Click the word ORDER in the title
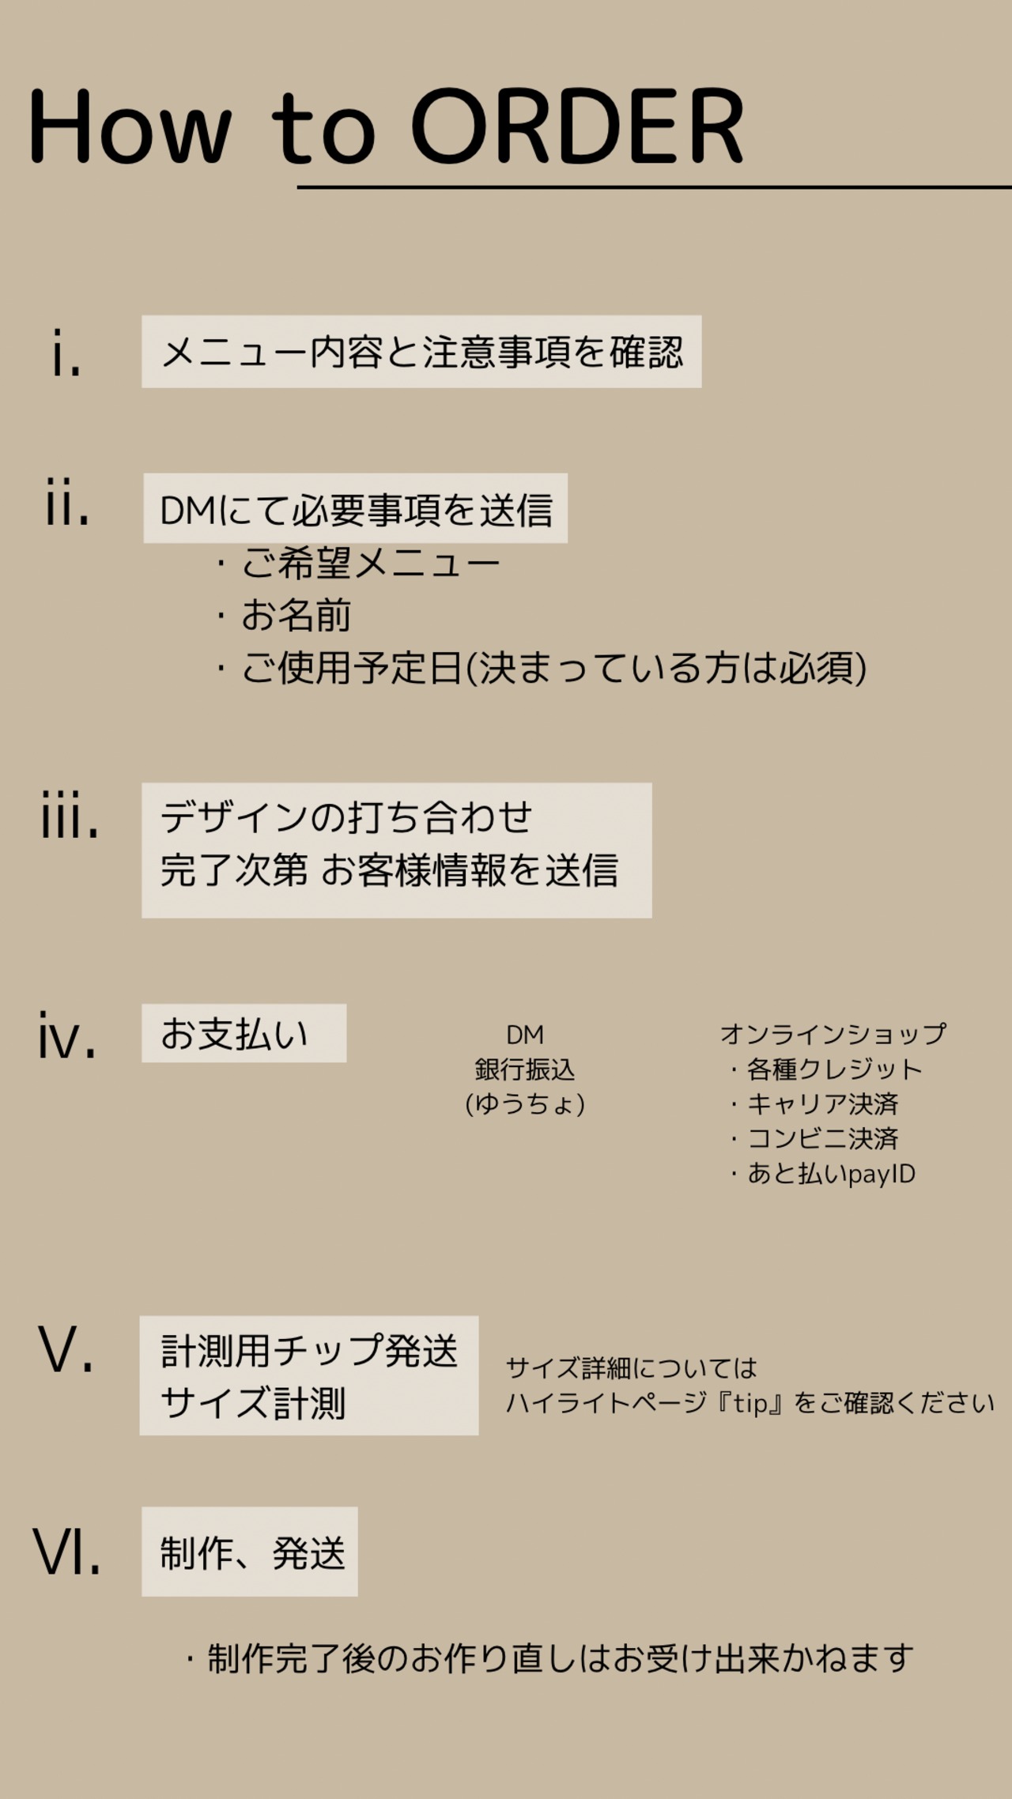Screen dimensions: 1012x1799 [577, 126]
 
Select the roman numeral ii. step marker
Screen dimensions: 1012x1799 [67, 503]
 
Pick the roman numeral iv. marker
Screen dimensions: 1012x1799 [67, 1035]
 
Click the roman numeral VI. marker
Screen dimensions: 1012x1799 [67, 1552]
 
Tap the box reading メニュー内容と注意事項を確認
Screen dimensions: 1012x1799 [421, 352]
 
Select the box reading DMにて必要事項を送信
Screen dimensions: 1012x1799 [355, 508]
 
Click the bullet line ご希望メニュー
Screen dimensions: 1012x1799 [370, 564]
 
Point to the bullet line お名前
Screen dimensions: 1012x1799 [296, 616]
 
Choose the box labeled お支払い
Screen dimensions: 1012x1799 [244, 1033]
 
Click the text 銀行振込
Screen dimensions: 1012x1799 [525, 1069]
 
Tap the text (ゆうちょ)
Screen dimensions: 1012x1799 [525, 1103]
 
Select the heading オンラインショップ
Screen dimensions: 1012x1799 [833, 1034]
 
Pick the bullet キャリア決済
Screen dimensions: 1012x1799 [822, 1103]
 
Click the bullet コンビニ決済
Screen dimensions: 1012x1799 [822, 1138]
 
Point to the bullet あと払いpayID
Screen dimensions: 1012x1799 [830, 1174]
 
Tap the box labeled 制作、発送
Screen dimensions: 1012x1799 [250, 1552]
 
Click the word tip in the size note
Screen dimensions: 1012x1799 [747, 1404]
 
